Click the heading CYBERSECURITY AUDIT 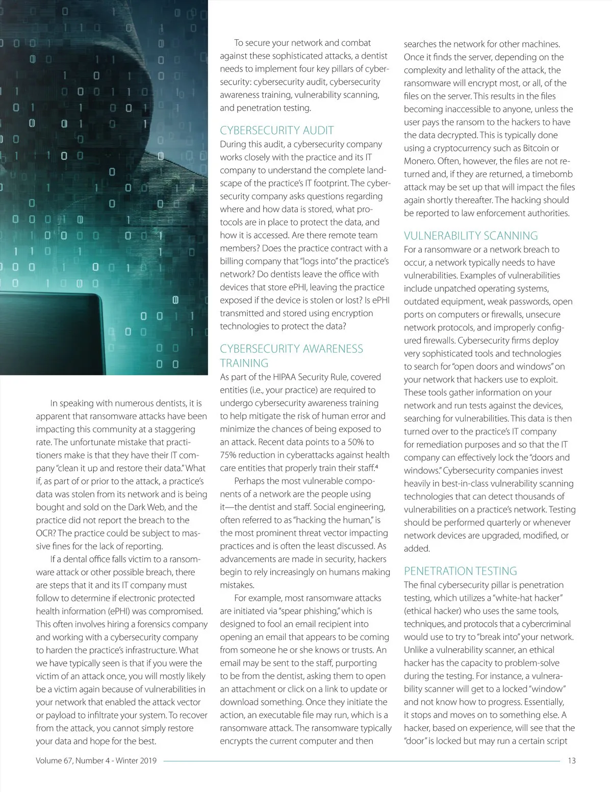coord(277,130)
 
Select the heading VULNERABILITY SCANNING coord(471,236)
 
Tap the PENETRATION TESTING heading coord(460,571)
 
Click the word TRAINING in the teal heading coord(244,363)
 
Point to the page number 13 coord(571,760)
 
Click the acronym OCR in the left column coord(45,533)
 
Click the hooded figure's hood coord(153,31)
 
